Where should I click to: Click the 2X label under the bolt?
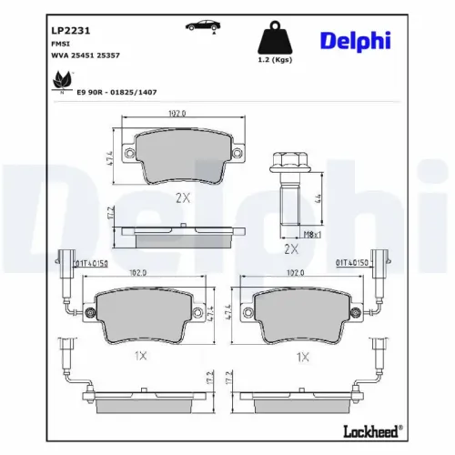point(291,248)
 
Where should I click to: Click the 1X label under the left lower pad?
point(138,357)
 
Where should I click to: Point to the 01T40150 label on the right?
point(353,263)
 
